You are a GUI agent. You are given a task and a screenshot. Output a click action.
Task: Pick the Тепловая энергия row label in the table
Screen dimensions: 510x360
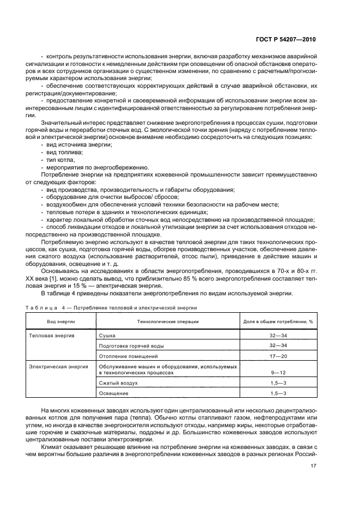[52, 336]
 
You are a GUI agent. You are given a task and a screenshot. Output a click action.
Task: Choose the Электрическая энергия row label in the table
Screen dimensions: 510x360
[58, 367]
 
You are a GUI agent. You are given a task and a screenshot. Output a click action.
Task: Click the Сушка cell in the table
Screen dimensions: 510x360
[107, 336]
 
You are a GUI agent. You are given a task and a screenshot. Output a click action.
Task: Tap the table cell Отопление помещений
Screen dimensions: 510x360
[128, 356]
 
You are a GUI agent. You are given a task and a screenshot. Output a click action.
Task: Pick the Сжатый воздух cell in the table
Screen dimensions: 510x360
[118, 383]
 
